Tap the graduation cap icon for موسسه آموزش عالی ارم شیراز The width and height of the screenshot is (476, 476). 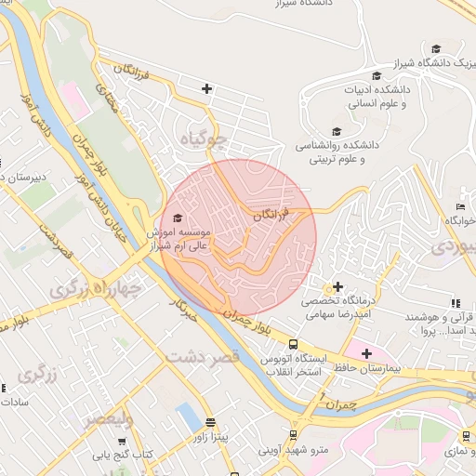click(x=178, y=218)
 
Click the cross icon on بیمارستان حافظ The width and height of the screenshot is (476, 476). click(x=366, y=353)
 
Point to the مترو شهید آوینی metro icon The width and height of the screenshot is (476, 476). click(x=294, y=434)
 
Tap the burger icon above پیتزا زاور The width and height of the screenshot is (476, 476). click(x=209, y=421)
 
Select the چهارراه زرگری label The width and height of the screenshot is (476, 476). click(x=93, y=290)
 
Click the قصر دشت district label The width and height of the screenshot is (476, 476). click(x=204, y=355)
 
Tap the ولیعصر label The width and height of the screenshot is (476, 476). click(x=109, y=420)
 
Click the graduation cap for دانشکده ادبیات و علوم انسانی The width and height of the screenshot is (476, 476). click(x=377, y=75)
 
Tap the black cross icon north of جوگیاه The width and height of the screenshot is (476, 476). click(x=206, y=89)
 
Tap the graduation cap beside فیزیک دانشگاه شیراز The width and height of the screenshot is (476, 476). click(x=436, y=49)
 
